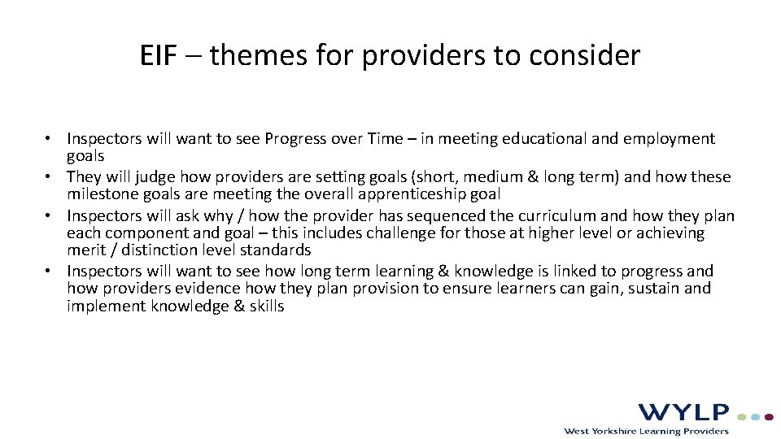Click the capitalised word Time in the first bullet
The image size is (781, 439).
[386, 139]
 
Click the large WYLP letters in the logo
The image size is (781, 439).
[683, 413]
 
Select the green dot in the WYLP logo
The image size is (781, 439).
[741, 416]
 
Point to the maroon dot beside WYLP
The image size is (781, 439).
[769, 416]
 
